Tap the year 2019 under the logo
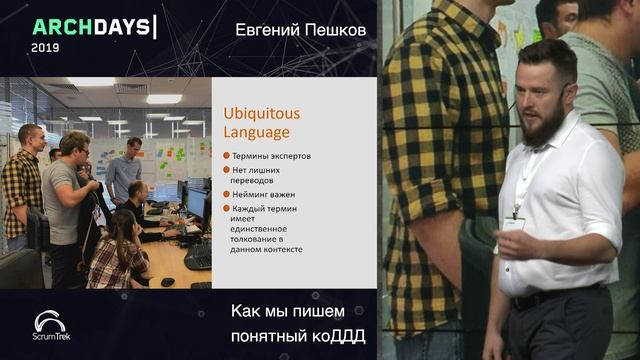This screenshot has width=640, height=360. pos(46,47)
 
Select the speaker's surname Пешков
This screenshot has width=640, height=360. pos(334,30)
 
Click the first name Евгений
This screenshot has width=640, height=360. pos(266,30)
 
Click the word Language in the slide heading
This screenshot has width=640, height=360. pos(257,132)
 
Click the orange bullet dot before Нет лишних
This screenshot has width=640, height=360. pos(227,170)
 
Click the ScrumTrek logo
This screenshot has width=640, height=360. pos(50,326)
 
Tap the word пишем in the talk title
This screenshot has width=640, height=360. pos(330,310)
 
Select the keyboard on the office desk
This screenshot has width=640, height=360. pos(197,256)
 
